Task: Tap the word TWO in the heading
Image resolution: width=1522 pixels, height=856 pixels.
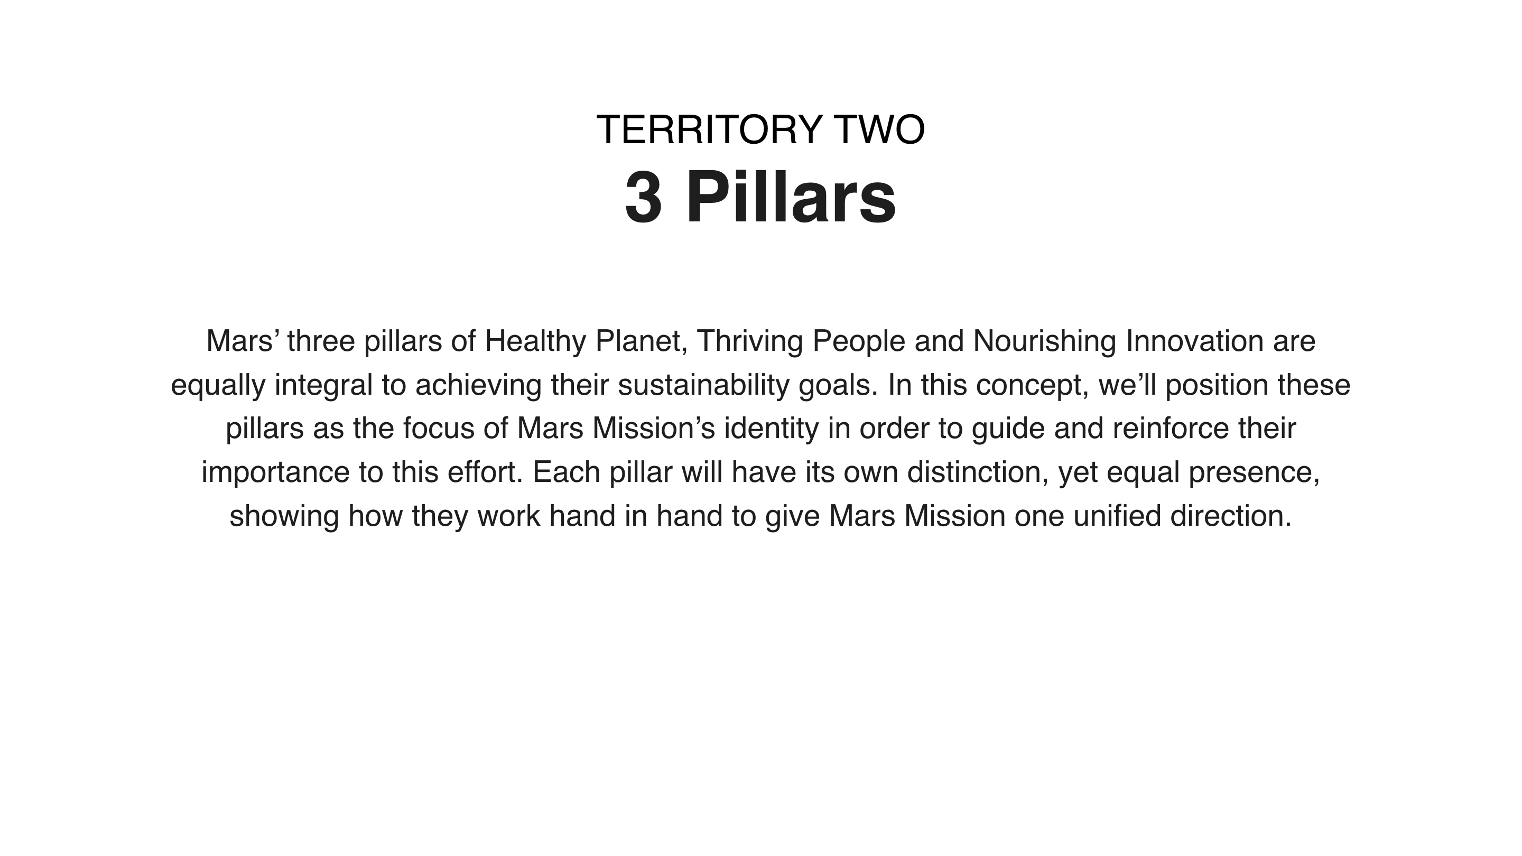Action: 880,129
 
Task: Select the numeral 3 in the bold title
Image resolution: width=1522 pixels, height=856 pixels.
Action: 644,197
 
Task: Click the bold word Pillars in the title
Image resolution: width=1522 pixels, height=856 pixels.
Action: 791,197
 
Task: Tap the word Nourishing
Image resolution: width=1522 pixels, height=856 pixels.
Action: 1045,341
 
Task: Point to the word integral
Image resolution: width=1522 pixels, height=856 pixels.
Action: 324,385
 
